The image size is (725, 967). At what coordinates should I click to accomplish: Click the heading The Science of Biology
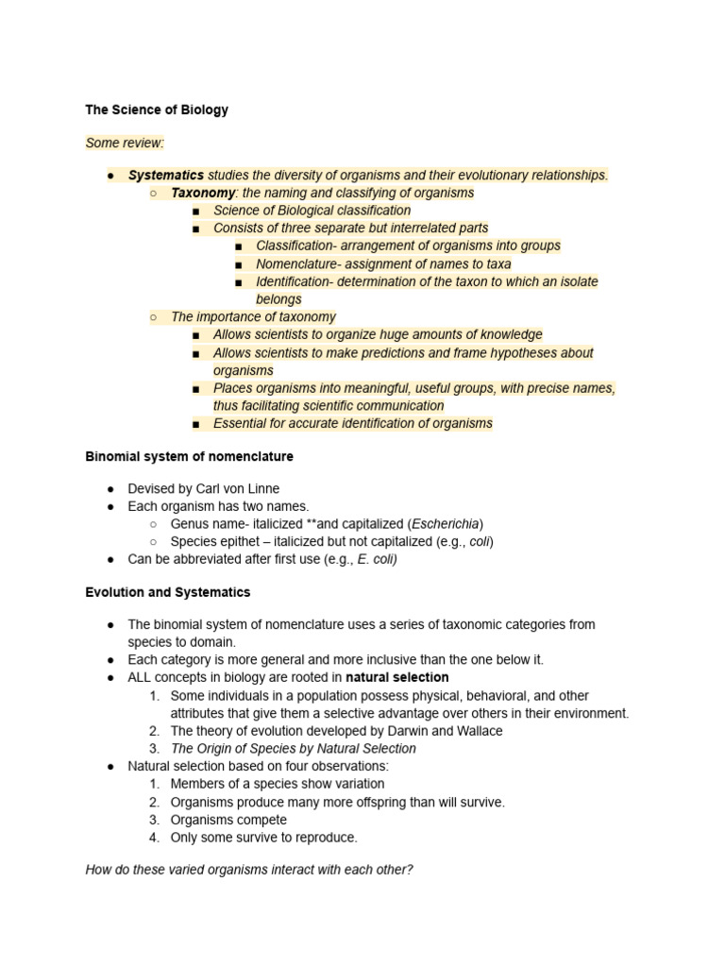point(157,110)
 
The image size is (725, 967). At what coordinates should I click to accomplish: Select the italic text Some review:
point(125,144)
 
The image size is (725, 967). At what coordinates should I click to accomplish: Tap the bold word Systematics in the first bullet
point(166,175)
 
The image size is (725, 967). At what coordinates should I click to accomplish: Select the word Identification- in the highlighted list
point(298,281)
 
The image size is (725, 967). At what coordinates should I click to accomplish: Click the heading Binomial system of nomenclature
point(189,456)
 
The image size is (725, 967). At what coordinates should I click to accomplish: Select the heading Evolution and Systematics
point(168,592)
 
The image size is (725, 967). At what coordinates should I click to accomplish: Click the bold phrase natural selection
point(397,677)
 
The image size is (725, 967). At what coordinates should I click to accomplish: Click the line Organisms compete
point(228,820)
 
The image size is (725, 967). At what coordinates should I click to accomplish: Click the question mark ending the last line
point(410,870)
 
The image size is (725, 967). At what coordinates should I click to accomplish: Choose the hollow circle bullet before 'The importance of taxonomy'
point(153,317)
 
